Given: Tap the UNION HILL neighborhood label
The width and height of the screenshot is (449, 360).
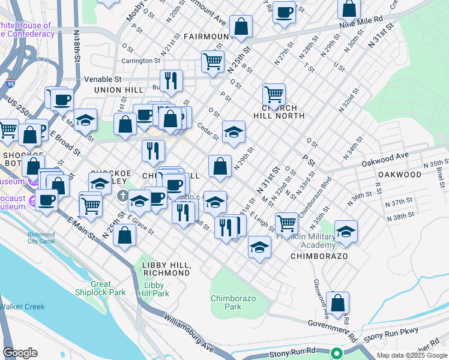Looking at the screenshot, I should tap(118, 90).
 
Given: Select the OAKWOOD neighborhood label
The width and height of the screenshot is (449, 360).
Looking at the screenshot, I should tap(399, 175).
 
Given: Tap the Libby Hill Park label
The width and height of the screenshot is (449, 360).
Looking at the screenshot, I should tap(154, 289).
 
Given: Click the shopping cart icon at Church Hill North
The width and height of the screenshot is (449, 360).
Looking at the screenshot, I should tap(274, 94).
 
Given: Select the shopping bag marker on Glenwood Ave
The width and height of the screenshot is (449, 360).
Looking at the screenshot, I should tap(337, 303).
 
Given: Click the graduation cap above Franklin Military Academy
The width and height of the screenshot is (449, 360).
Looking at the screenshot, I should tap(346, 231).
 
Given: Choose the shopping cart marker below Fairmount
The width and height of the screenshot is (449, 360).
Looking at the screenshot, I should tap(213, 61).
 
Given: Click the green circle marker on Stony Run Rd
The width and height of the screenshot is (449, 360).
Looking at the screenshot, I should tap(337, 353).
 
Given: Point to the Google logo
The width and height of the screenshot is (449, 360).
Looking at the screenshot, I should tap(20, 353).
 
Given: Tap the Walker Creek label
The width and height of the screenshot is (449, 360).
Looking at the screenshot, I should tap(22, 307).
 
